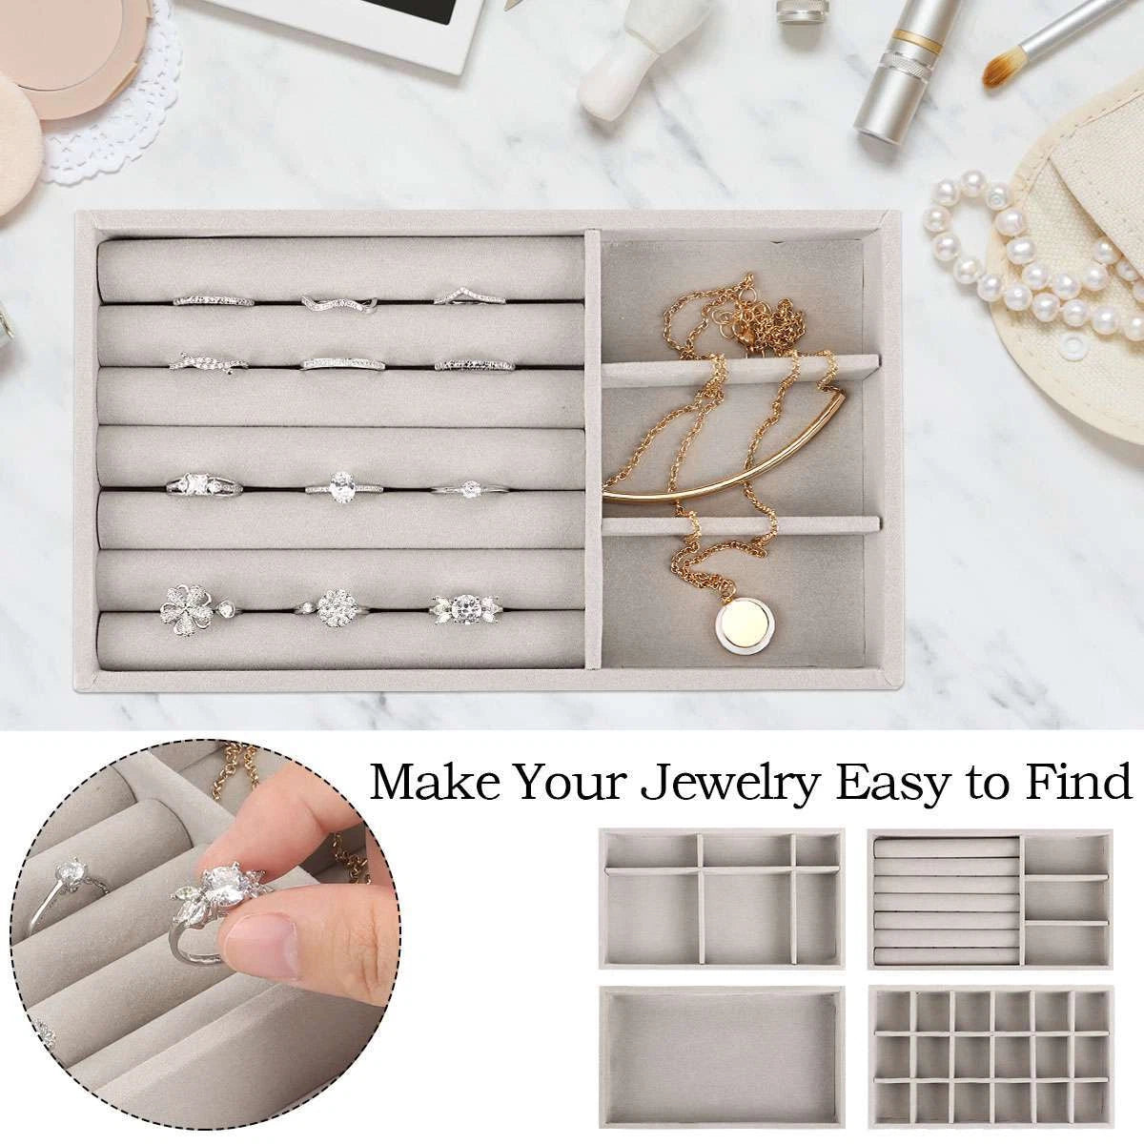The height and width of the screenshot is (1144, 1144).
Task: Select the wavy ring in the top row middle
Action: coord(339,303)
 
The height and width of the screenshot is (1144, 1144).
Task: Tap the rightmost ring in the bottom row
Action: coord(466,608)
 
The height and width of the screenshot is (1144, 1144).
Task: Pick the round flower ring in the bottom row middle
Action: coord(334,605)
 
